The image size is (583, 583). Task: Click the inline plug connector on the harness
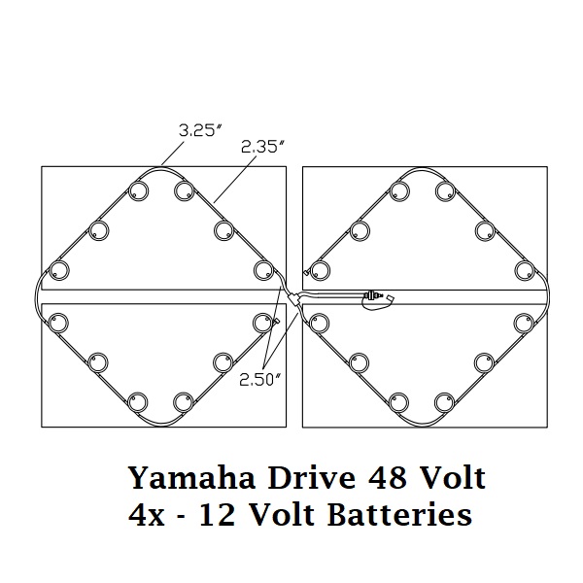coord(375,294)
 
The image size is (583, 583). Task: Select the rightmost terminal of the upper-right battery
coord(525,269)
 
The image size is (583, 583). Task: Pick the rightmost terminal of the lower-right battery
coord(525,322)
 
